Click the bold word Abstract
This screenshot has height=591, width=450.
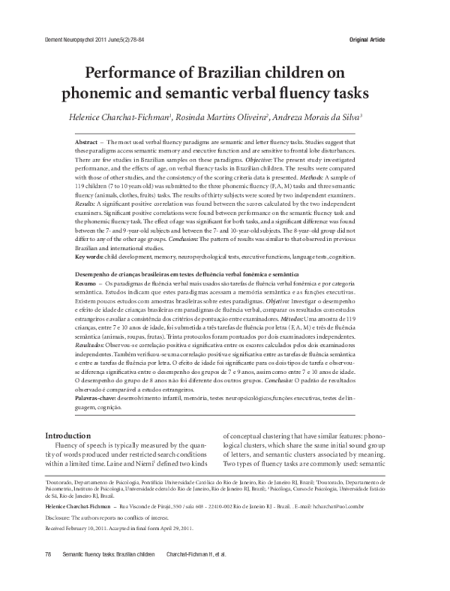pyautogui.click(x=91, y=142)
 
